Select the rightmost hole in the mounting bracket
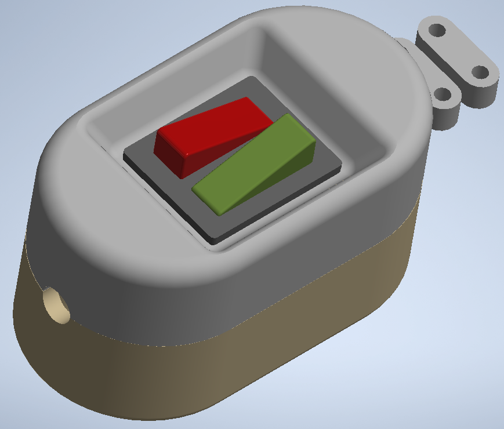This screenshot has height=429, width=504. pyautogui.click(x=480, y=72)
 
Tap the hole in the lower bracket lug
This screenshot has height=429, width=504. pyautogui.click(x=443, y=94)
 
